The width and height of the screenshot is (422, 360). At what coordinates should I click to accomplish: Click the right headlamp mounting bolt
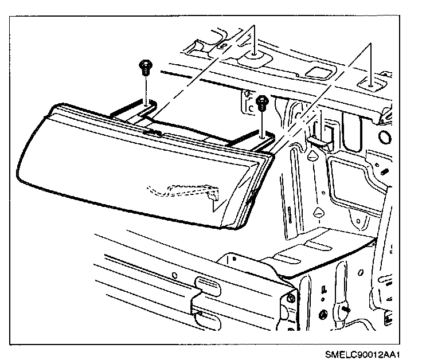(x=263, y=103)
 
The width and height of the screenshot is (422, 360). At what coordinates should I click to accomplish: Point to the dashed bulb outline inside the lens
(x=183, y=190)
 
